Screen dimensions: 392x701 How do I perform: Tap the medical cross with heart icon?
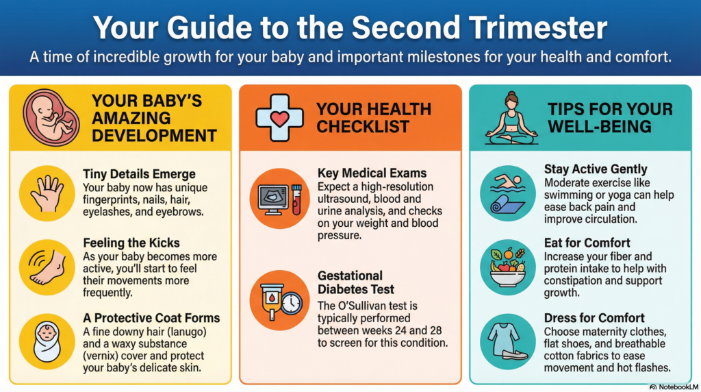click(x=279, y=117)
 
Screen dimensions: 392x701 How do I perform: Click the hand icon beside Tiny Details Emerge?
click(x=47, y=193)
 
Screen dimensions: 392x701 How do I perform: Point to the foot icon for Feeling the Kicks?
click(x=47, y=266)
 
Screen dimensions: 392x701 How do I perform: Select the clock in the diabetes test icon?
click(x=290, y=304)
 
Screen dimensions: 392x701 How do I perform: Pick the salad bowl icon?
click(x=507, y=266)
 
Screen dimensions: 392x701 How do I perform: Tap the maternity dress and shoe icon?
click(x=507, y=341)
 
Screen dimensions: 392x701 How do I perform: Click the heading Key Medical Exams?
click(x=372, y=172)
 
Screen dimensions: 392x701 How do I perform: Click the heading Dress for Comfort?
click(x=594, y=317)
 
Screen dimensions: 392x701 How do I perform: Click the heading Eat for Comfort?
click(x=587, y=243)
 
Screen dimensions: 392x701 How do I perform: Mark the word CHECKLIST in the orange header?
click(x=363, y=127)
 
